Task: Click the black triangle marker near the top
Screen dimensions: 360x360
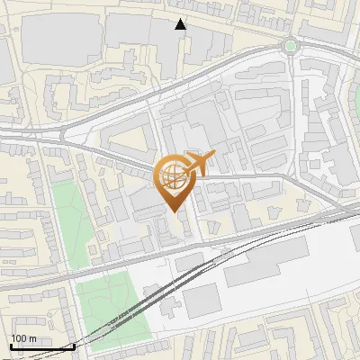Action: pos(181,24)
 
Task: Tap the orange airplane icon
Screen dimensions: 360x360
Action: pos(201,163)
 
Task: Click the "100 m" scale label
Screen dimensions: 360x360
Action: pos(23,338)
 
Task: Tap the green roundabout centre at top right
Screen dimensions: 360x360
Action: pos(291,46)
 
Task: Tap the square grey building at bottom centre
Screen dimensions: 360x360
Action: pos(202,301)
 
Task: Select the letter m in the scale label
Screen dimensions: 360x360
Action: pos(32,338)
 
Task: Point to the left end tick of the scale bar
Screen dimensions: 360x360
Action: pos(10,345)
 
